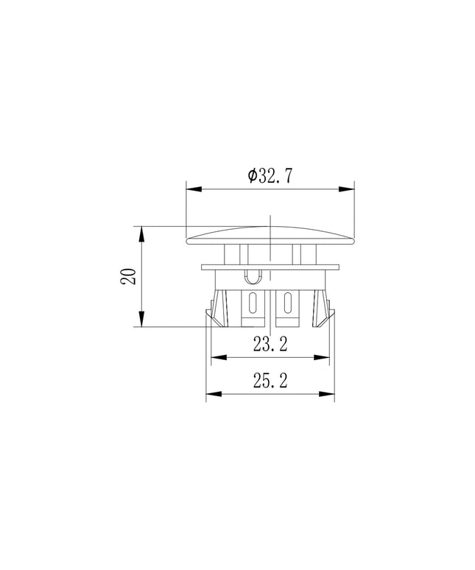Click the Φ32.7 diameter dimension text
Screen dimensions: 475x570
coord(270,176)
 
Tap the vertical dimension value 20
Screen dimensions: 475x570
coord(129,276)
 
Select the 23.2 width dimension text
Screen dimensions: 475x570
coord(270,344)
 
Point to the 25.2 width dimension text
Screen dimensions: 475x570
coord(270,381)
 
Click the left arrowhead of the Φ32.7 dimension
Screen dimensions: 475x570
coord(194,189)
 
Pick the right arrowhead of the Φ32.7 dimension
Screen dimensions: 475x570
coord(346,189)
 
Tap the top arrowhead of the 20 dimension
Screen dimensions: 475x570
coord(141,234)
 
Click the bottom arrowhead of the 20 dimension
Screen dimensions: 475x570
coord(141,319)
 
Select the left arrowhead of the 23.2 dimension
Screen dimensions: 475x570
coord(219,357)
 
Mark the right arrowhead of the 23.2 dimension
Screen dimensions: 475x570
coord(322,357)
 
